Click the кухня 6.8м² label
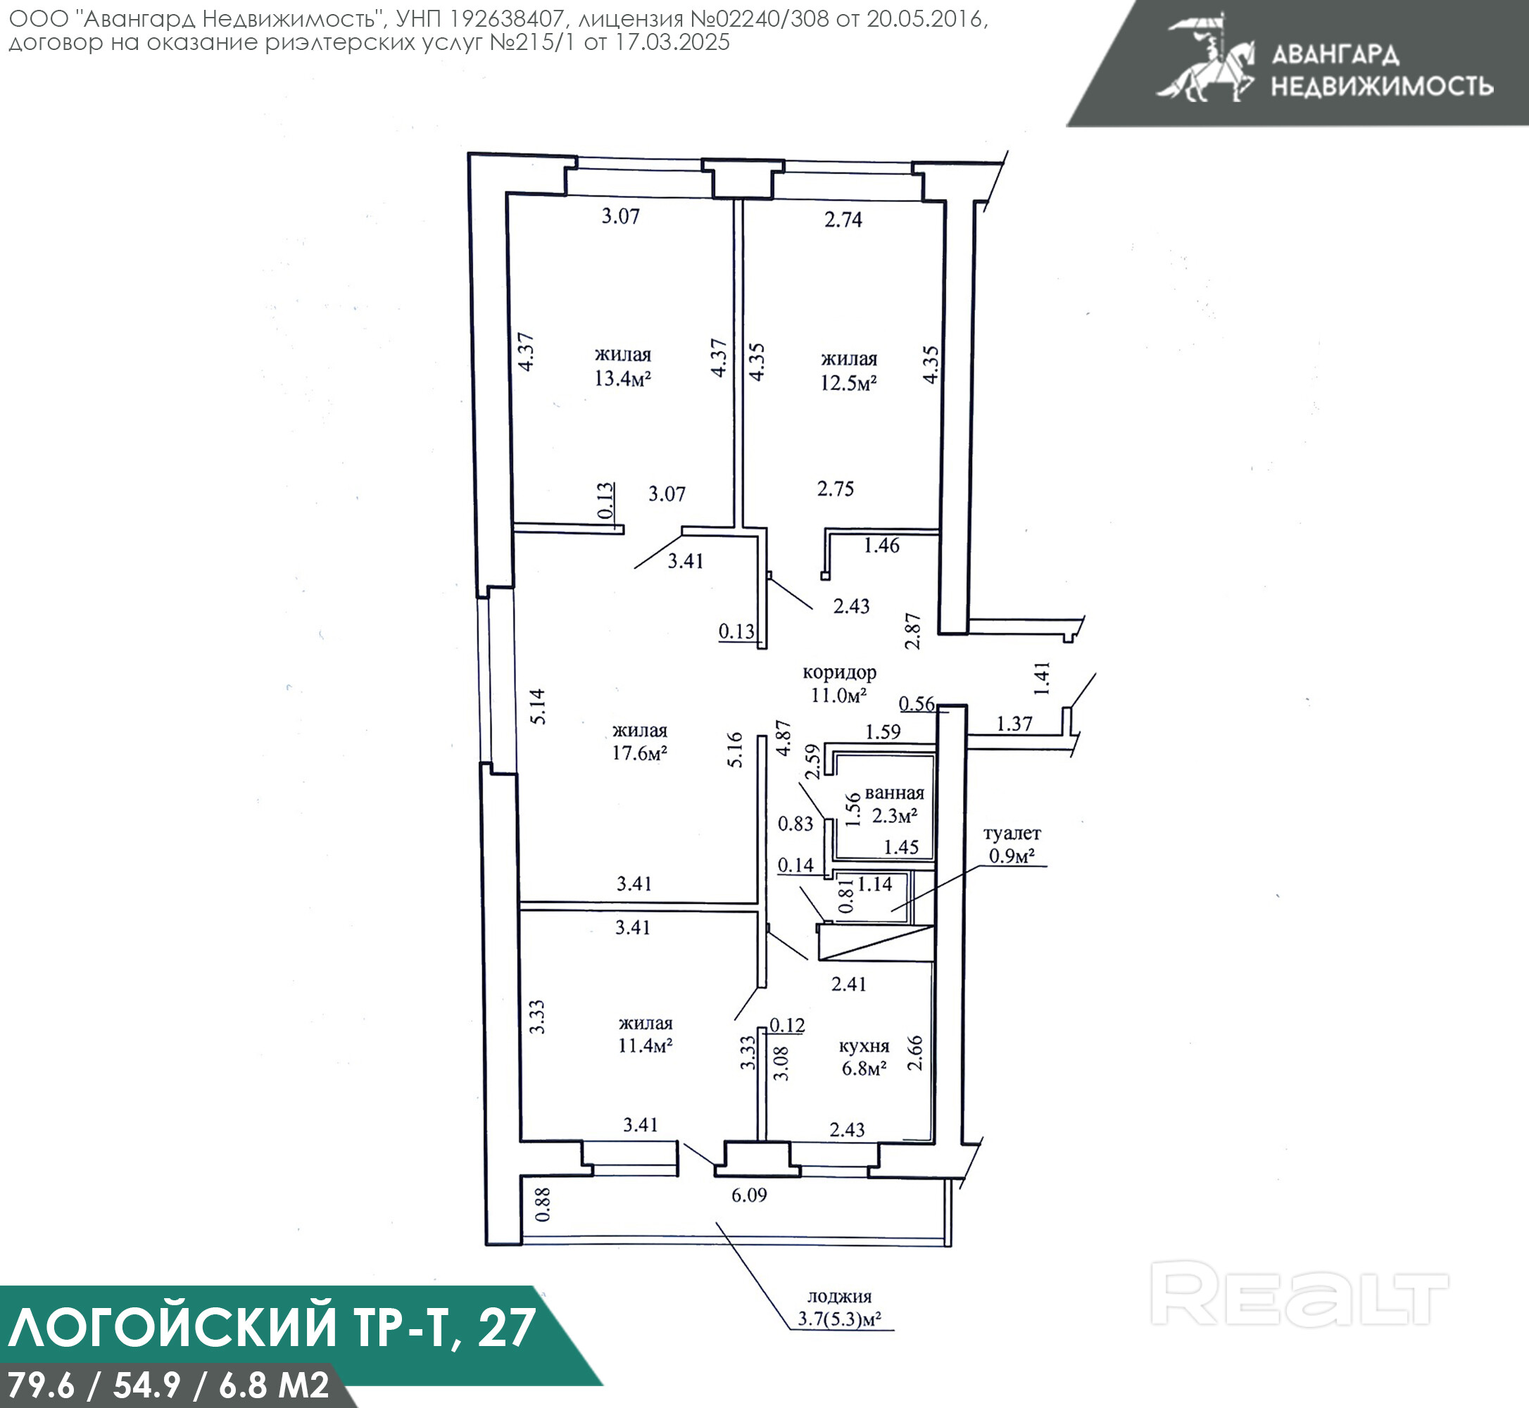(x=864, y=1057)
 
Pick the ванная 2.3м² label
(x=895, y=805)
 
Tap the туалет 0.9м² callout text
(x=1012, y=845)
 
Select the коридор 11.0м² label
(x=840, y=684)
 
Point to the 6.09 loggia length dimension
(x=749, y=1195)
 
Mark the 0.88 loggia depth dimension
(x=543, y=1205)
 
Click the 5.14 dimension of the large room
(x=538, y=706)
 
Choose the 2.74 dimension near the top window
(x=843, y=220)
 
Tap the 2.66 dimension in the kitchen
(x=916, y=1053)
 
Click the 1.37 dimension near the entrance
(x=1014, y=724)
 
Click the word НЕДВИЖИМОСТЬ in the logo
(x=1382, y=86)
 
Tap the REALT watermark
(x=1299, y=1294)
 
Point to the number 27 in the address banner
(x=508, y=1326)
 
